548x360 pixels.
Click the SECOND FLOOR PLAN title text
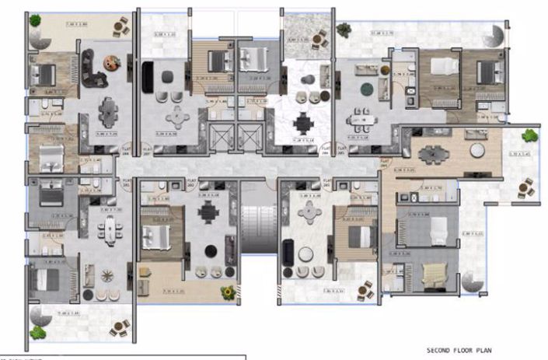pyautogui.click(x=459, y=350)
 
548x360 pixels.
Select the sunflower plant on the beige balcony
pyautogui.click(x=227, y=292)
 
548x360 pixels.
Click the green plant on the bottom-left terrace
pyautogui.click(x=37, y=332)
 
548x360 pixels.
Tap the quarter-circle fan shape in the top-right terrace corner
pyautogui.click(x=495, y=35)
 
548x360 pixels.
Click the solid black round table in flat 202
pyautogui.click(x=211, y=250)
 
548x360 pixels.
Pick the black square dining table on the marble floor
pyautogui.click(x=302, y=123)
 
